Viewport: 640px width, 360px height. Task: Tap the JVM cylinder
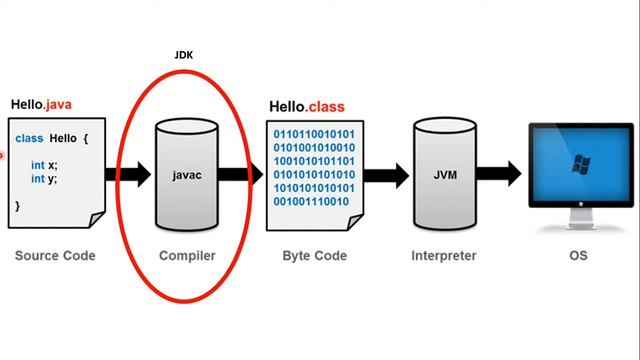pos(445,174)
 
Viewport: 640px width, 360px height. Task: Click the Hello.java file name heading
pos(41,104)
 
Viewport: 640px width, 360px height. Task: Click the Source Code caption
pos(55,256)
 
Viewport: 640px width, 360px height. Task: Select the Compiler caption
pos(187,256)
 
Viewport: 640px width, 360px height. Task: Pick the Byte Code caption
pos(315,256)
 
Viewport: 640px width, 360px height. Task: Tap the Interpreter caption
pos(444,256)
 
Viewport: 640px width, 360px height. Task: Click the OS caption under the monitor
pos(577,256)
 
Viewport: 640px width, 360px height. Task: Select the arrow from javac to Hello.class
pos(237,174)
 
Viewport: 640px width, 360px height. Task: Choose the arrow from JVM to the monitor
pos(500,174)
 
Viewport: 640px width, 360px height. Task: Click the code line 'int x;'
pos(43,165)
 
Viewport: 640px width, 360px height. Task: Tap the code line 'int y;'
pos(43,179)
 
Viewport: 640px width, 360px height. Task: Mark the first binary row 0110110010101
pos(313,132)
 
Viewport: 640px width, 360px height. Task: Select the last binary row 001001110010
pos(310,202)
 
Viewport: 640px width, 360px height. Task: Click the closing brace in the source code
pos(18,205)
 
